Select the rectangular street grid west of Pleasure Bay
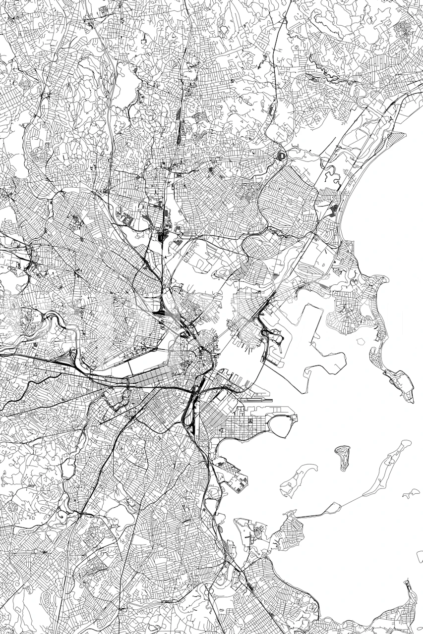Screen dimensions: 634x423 [243, 423]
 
